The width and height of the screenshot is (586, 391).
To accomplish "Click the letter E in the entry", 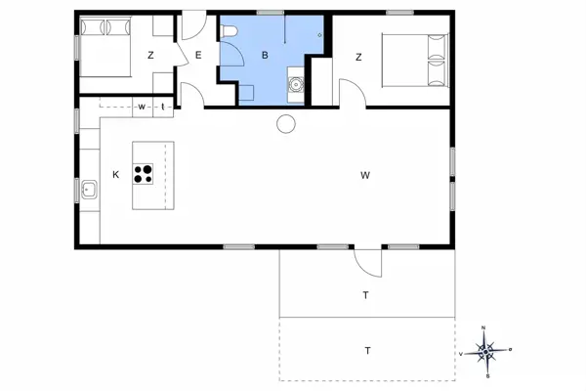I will (x=197, y=56).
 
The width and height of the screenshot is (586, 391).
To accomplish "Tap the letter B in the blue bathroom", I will (x=264, y=56).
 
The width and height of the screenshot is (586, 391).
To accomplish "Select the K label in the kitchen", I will (x=115, y=175).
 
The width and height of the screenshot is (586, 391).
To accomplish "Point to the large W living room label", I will (x=365, y=176).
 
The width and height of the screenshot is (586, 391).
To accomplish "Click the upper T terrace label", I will (x=365, y=294).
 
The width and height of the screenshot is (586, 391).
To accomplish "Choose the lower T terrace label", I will (x=367, y=349).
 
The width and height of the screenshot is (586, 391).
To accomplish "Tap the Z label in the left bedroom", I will (x=150, y=56).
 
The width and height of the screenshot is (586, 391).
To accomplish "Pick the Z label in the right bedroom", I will (x=358, y=57).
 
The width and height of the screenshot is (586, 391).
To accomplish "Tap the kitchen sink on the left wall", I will (x=88, y=189).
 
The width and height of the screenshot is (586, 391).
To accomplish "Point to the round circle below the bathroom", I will (x=286, y=122).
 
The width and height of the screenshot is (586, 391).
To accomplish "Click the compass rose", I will (x=486, y=349).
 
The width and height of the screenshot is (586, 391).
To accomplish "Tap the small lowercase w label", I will (x=142, y=106).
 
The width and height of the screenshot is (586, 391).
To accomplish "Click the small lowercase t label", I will (x=162, y=106).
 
